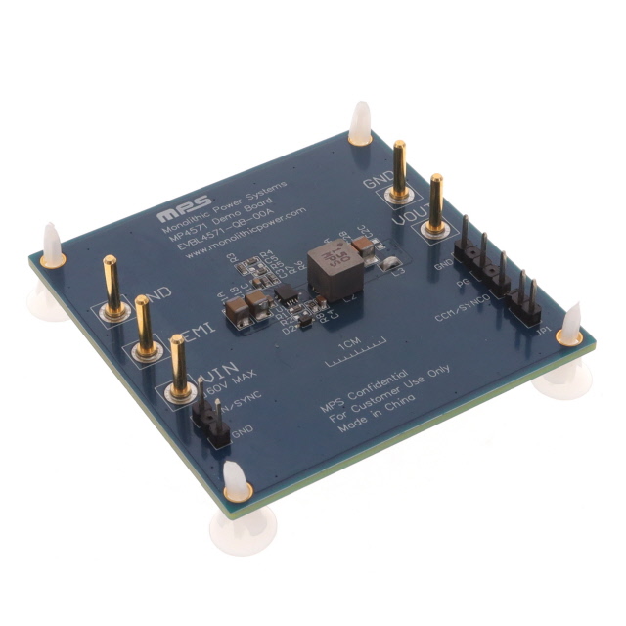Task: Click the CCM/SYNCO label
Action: [470, 303]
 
